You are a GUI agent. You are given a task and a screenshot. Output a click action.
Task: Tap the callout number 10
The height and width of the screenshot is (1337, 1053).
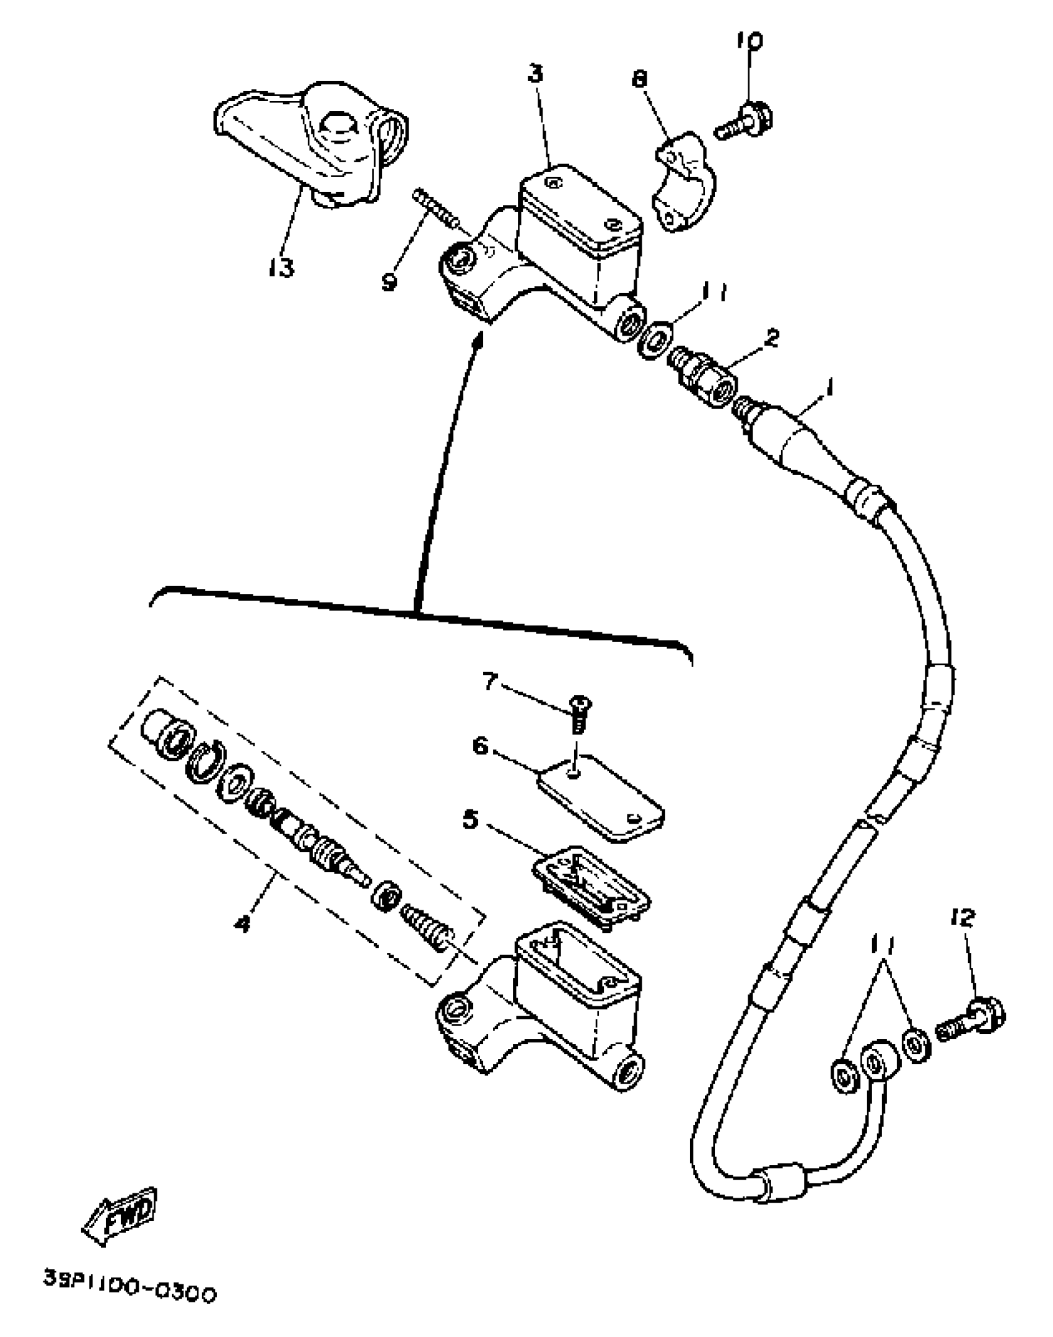(x=749, y=41)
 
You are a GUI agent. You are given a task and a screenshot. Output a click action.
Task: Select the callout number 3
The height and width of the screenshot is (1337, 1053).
(x=535, y=74)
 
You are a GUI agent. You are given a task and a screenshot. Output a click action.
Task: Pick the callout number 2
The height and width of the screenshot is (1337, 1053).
(x=771, y=338)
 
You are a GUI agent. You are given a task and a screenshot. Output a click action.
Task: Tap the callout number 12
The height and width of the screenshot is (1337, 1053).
(x=962, y=918)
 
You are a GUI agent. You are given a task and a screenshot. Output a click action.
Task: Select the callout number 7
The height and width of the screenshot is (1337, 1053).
(x=490, y=682)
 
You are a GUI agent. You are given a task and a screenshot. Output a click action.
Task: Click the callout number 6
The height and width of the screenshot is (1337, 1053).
(x=481, y=746)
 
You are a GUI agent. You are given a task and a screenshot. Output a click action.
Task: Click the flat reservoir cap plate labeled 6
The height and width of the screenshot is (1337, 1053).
(x=601, y=797)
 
